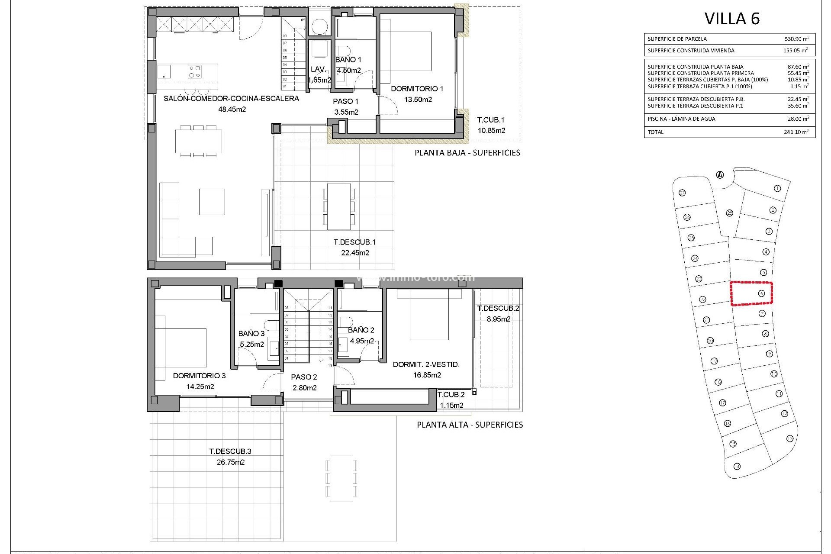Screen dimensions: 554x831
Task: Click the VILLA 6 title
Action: click(732, 19)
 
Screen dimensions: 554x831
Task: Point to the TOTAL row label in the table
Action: click(655, 132)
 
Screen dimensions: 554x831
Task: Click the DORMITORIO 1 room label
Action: click(417, 89)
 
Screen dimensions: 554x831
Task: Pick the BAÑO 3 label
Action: click(251, 334)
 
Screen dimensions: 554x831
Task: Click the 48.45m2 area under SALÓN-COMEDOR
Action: click(232, 110)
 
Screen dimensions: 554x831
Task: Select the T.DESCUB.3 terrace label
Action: click(230, 451)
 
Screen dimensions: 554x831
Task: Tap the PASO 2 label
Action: click(304, 377)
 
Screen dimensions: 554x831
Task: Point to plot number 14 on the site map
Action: click(737, 466)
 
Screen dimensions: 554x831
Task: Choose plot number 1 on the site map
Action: click(777, 188)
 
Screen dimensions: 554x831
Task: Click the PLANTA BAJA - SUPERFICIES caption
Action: click(467, 153)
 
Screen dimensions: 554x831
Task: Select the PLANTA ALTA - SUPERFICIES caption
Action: click(470, 425)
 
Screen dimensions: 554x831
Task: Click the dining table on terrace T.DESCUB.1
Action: click(339, 206)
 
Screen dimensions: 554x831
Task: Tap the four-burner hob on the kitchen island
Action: click(194, 71)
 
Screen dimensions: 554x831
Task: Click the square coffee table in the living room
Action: click(212, 201)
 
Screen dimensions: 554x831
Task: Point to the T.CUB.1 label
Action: click(491, 120)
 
